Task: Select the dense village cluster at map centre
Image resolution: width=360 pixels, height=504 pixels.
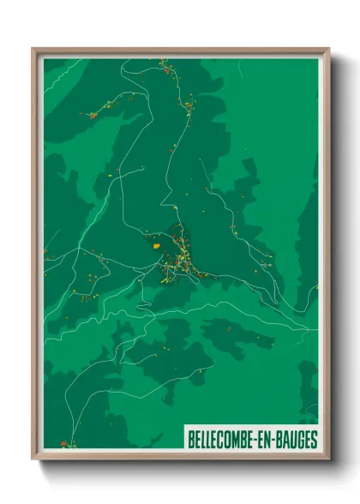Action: pyautogui.click(x=183, y=261)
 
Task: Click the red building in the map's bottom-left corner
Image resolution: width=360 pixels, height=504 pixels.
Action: pyautogui.click(x=63, y=443)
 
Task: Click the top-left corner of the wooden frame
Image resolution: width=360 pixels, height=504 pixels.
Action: pyautogui.click(x=33, y=49)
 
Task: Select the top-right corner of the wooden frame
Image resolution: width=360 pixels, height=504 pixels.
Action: pyautogui.click(x=328, y=49)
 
